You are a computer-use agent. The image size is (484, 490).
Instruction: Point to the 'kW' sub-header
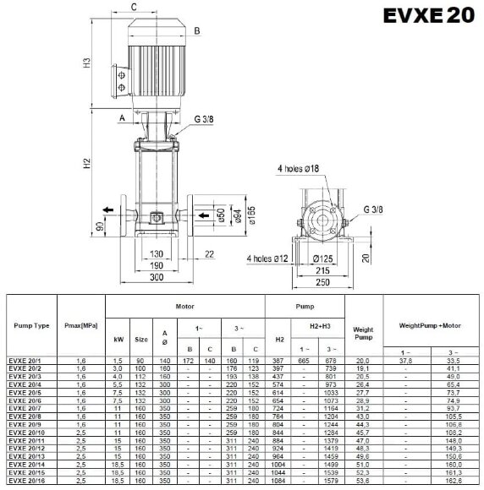click(118, 338)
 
